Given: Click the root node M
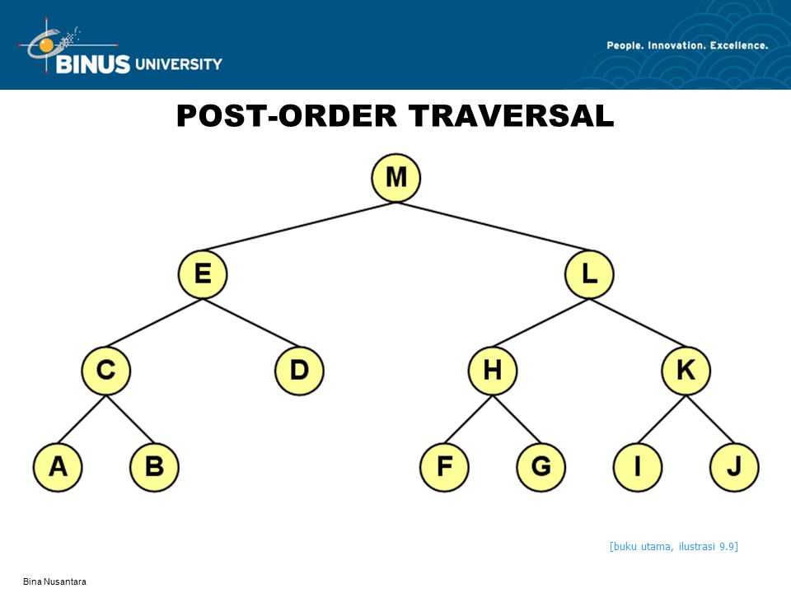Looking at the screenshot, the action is pos(396,178).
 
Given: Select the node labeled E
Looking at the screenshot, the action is pos(203,274).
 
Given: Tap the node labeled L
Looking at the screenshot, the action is pos(589,274).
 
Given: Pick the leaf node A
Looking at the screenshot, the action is pos(58,468).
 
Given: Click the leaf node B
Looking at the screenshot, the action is pos(154,468).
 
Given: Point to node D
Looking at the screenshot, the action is pos(299,371).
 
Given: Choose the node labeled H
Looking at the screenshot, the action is pos(493,371).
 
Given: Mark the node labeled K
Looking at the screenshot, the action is pos(686,371).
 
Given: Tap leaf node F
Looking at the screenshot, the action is pos(444,468).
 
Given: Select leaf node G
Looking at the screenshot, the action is pos(541,468).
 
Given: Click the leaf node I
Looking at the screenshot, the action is pos(638,468).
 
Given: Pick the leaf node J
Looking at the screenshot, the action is pos(734,468).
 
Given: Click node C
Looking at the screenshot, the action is pos(106,371).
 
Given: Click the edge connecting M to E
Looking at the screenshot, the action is pos(300,226).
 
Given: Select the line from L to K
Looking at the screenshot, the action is pos(638,323).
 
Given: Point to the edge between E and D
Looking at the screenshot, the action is pos(251,323).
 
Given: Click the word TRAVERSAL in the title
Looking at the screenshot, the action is pos(511,115).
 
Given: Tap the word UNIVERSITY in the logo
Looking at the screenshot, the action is pos(179,64).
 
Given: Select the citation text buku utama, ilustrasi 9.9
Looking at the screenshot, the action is pos(673,547).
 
